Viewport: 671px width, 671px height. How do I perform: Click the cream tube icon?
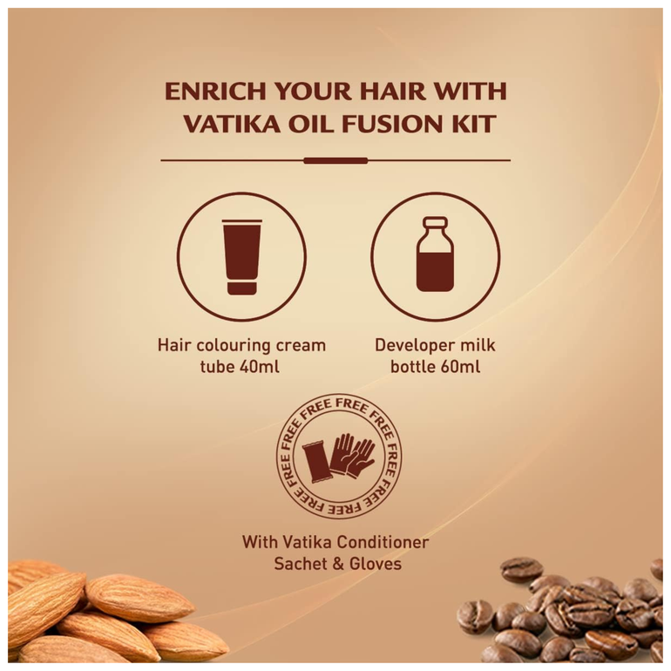pos(241,257)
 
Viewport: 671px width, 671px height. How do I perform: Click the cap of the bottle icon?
pos(435,222)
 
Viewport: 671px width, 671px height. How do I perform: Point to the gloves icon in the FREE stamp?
pos(352,455)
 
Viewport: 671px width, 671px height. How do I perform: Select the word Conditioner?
pos(383,542)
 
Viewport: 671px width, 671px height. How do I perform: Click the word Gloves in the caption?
pos(376,564)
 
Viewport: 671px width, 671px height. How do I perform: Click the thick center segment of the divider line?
pos(335,161)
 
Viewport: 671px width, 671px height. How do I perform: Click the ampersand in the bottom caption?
pos(338,564)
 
